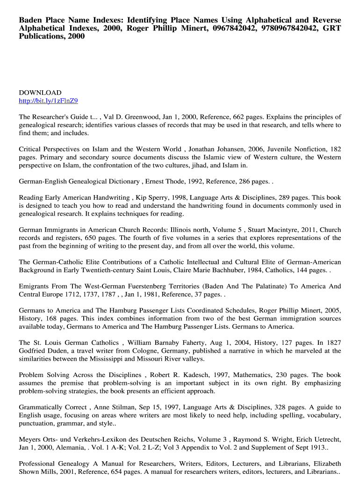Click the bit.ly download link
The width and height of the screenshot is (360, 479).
(x=48, y=101)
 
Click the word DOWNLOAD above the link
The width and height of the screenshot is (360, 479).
(x=40, y=93)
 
